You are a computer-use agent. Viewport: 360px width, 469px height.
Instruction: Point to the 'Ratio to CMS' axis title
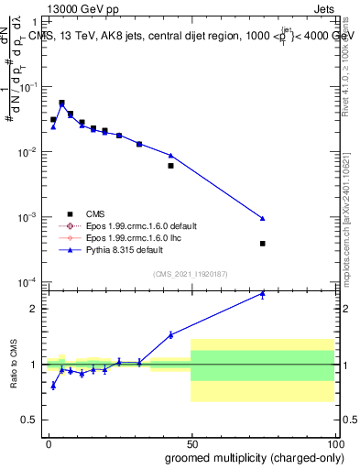14,364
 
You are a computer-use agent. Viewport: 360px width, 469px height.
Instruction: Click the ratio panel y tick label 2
34,309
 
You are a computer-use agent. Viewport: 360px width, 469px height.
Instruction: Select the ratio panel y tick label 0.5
30,420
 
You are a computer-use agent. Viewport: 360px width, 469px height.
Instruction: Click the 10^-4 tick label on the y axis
28,282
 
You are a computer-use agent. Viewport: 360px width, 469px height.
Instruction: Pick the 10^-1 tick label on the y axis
28,87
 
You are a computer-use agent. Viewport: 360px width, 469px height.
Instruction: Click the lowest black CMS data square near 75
263,244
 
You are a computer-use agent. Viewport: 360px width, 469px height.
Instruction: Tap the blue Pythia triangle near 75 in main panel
263,219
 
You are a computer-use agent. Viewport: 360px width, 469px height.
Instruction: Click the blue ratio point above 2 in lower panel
263,293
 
